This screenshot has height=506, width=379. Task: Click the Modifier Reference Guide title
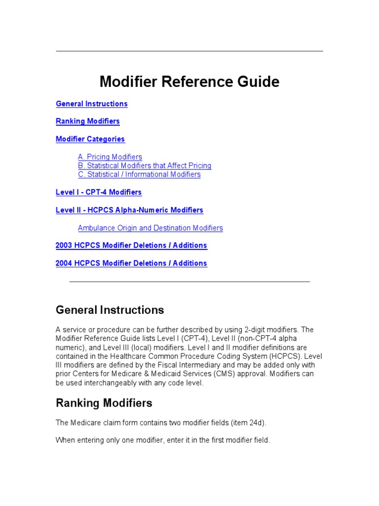(189, 82)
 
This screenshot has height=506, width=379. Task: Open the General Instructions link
(92, 104)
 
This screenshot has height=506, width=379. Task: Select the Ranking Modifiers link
(88, 121)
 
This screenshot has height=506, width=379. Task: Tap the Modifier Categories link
(90, 139)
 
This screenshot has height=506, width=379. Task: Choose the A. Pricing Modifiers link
(110, 157)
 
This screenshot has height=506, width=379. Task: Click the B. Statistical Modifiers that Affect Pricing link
(145, 166)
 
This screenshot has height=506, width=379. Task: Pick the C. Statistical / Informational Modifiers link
(139, 174)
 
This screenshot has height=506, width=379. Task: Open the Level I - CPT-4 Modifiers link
(99, 192)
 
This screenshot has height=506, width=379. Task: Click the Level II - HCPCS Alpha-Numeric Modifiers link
(129, 210)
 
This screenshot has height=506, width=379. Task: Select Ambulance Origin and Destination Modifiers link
(151, 228)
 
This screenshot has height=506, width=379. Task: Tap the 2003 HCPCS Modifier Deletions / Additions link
(131, 246)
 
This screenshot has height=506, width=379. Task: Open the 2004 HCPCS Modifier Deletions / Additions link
(131, 263)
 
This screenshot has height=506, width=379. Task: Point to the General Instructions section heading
(110, 310)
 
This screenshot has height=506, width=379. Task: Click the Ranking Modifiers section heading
(104, 403)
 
